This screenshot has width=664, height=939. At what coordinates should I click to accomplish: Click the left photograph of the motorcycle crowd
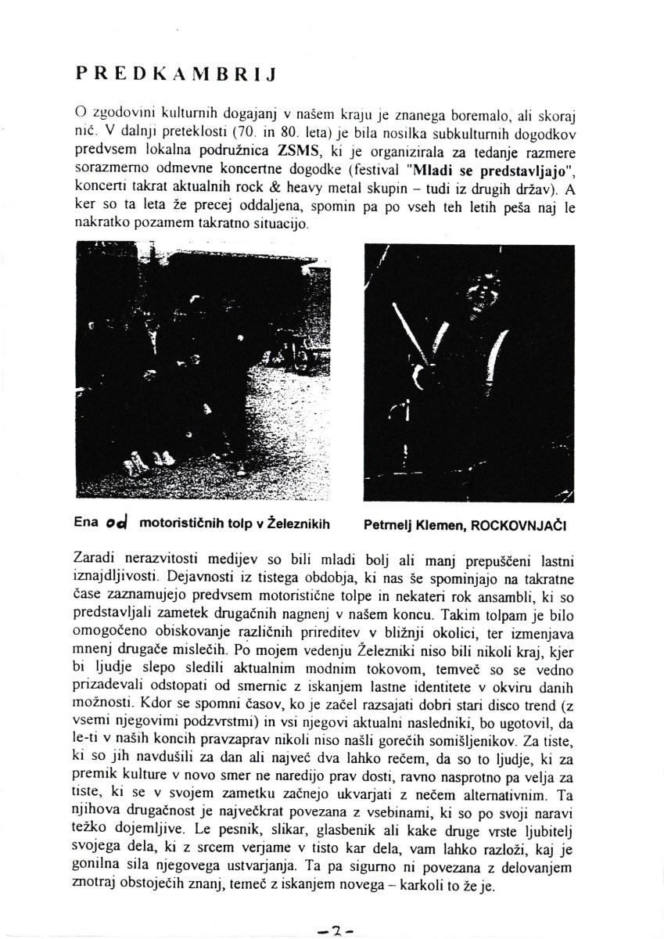pos(202,371)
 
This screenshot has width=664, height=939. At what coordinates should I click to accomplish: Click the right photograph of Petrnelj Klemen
pos(469,372)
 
